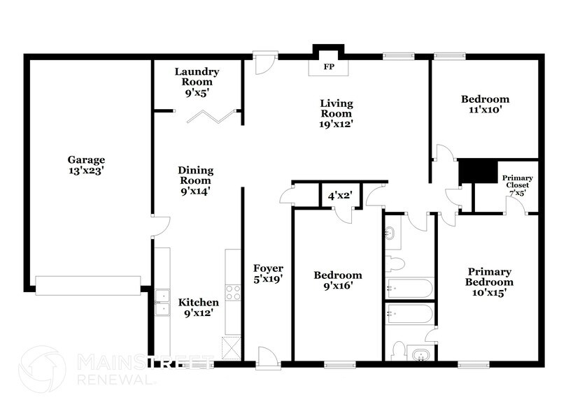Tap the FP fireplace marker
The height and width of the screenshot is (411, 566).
327,68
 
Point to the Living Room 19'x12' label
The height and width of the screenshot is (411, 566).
336,113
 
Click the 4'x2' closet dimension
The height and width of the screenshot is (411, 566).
340,196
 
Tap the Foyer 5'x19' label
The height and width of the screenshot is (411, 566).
268,274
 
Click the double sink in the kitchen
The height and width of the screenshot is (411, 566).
162,302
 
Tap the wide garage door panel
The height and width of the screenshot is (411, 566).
87,284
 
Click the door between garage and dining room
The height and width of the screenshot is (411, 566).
160,226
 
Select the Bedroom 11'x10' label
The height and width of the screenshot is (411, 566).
485,104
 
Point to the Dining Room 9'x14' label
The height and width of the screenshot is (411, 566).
195,180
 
